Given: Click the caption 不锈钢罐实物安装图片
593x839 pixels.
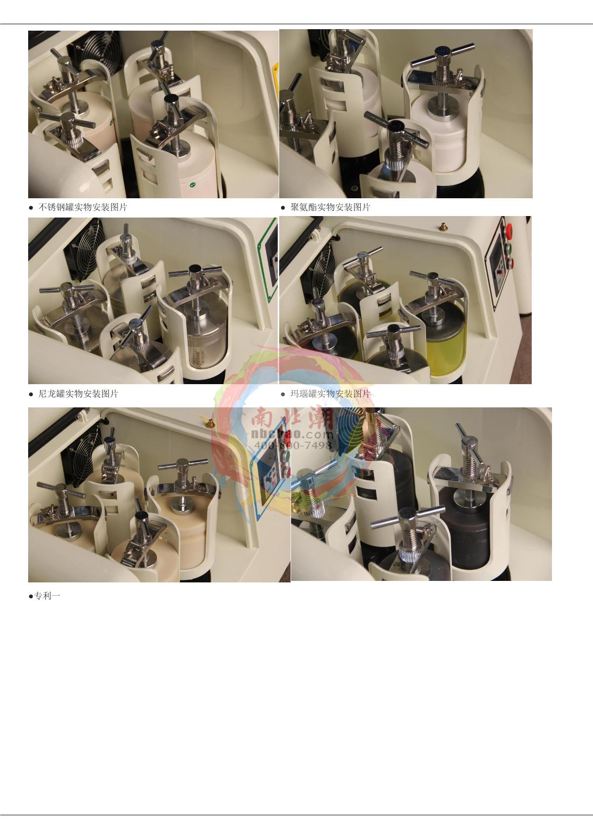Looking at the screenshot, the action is [x=83, y=207].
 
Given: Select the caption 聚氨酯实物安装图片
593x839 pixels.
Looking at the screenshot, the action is [x=330, y=207].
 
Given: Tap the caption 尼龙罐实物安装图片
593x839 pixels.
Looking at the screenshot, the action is [x=78, y=394].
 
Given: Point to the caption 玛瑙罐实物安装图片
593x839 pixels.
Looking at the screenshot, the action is [x=330, y=394].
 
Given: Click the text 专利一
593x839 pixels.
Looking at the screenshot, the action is [x=47, y=596].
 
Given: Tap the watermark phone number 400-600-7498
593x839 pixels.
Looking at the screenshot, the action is [x=293, y=445].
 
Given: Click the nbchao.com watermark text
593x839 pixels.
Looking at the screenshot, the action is [x=293, y=435].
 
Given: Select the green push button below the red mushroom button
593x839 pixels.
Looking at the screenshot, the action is [x=509, y=248].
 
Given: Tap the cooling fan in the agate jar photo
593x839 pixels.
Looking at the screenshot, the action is [x=322, y=268].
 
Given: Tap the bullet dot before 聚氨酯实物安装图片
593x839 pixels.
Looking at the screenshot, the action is [x=283, y=208].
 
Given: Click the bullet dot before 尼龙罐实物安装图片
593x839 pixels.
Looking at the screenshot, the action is [x=31, y=395].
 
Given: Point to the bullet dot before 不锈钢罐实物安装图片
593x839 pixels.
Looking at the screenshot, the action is [x=31, y=208].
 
